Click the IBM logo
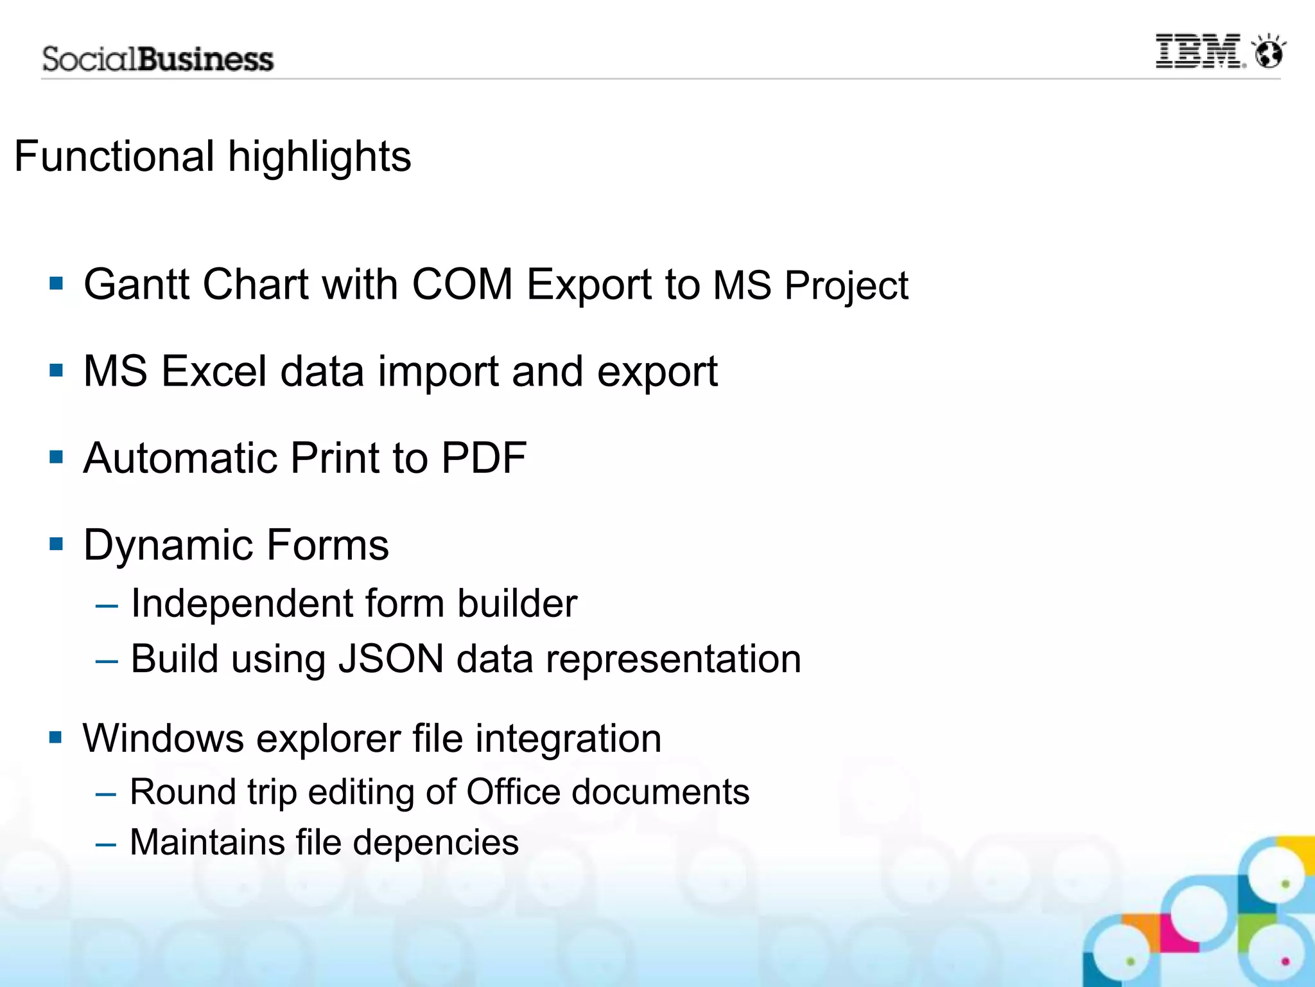(1199, 51)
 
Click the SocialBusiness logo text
(158, 59)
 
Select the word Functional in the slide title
(114, 156)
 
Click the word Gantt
(136, 284)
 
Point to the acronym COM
(462, 284)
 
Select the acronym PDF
(484, 458)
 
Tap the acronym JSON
(391, 659)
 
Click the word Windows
(163, 738)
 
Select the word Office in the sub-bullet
(513, 792)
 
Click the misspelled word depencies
(435, 843)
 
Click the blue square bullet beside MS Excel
(57, 371)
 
